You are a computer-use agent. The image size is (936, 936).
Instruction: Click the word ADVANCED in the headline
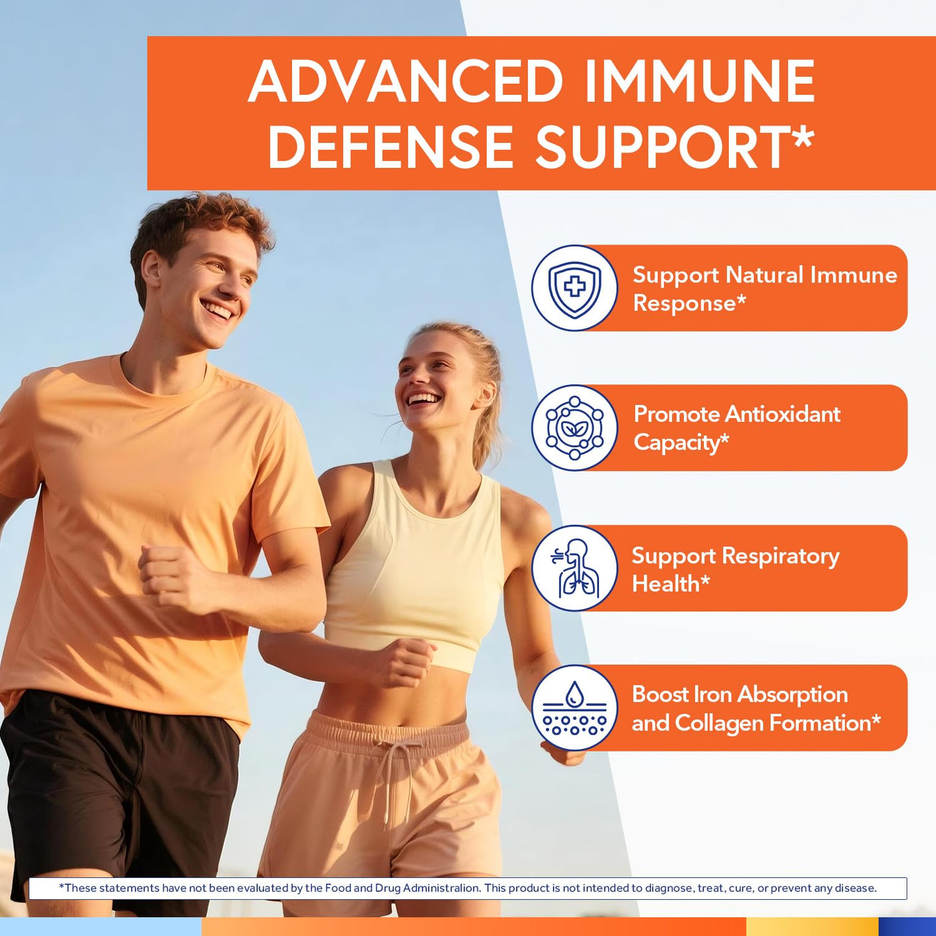point(405,81)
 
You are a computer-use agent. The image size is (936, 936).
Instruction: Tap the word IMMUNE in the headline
point(700,81)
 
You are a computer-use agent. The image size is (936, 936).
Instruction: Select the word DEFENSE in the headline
point(391,146)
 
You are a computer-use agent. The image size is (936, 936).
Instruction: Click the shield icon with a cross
point(574,288)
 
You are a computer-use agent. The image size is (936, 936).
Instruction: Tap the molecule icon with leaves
point(574,428)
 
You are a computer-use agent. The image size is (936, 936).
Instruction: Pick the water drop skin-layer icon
point(574,708)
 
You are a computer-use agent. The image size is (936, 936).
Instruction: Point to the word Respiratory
point(781,557)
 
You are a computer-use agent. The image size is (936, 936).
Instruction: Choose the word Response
point(685,304)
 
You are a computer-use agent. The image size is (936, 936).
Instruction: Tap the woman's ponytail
point(488,418)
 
